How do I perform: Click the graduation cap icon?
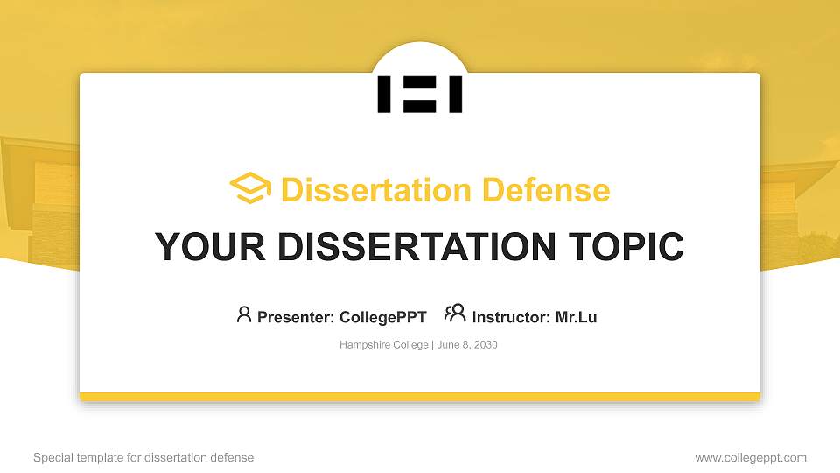(250, 189)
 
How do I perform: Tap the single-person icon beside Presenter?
(244, 314)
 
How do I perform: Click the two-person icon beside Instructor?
(455, 314)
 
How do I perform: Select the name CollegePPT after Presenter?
(382, 317)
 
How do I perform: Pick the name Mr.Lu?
(576, 317)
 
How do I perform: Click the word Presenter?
(296, 317)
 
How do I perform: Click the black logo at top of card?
(420, 95)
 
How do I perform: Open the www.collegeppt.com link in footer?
(750, 457)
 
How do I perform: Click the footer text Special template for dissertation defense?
(143, 457)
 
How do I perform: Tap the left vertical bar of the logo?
(384, 95)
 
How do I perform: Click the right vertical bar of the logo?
(455, 95)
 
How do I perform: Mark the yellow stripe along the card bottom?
(420, 397)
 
